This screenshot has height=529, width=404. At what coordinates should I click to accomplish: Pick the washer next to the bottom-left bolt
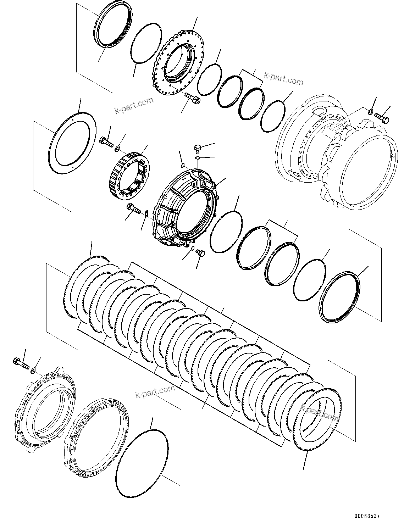(33, 371)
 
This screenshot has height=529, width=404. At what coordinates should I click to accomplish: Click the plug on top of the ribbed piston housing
(198, 148)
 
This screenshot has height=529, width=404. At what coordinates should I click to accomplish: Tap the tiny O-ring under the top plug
(198, 158)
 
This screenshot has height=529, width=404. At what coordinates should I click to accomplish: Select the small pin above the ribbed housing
(183, 164)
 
